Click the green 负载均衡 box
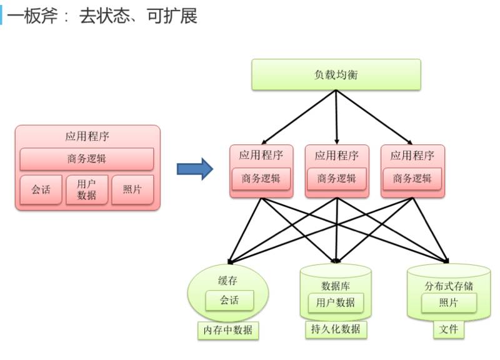(x=336, y=75)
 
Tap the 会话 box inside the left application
(x=41, y=189)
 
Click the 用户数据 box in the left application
(x=87, y=189)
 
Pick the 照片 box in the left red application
(x=132, y=189)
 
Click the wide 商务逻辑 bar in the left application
(x=87, y=159)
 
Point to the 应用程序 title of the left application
(x=87, y=136)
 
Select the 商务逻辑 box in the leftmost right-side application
(x=261, y=178)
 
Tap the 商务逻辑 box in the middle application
(x=336, y=178)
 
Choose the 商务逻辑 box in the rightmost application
(x=412, y=178)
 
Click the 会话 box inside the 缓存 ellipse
(x=229, y=300)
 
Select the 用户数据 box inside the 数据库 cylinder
(x=336, y=302)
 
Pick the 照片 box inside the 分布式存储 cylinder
(x=448, y=302)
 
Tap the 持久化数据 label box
(x=336, y=329)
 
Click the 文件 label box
(x=448, y=329)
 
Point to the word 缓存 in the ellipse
(x=227, y=281)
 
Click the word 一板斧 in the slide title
(x=34, y=16)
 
